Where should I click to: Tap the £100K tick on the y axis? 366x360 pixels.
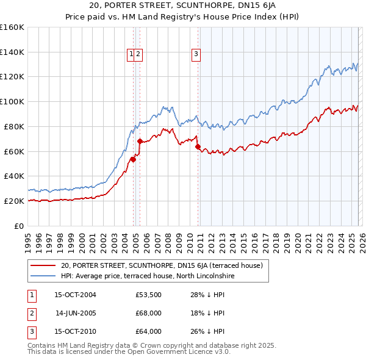(x=12, y=101)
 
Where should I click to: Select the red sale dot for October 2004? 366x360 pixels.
(x=133, y=159)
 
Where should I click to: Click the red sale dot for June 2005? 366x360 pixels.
(x=140, y=141)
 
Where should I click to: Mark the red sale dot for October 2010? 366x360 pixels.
(x=198, y=146)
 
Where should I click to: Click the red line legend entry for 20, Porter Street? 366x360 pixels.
(x=161, y=265)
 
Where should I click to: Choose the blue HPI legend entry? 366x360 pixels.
(x=147, y=276)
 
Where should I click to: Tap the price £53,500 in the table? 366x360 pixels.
(x=149, y=295)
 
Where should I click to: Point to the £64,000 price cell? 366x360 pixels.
(x=149, y=331)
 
